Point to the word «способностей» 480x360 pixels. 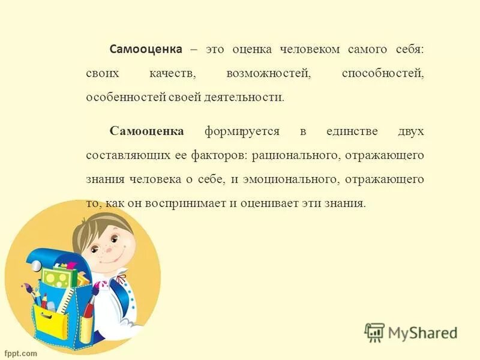pyautogui.click(x=383, y=73)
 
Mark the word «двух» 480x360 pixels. pyautogui.click(x=410, y=131)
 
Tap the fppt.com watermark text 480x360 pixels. pyautogui.click(x=21, y=353)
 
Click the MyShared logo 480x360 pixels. pyautogui.click(x=412, y=332)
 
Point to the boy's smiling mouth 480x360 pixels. pyautogui.click(x=118, y=253)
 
